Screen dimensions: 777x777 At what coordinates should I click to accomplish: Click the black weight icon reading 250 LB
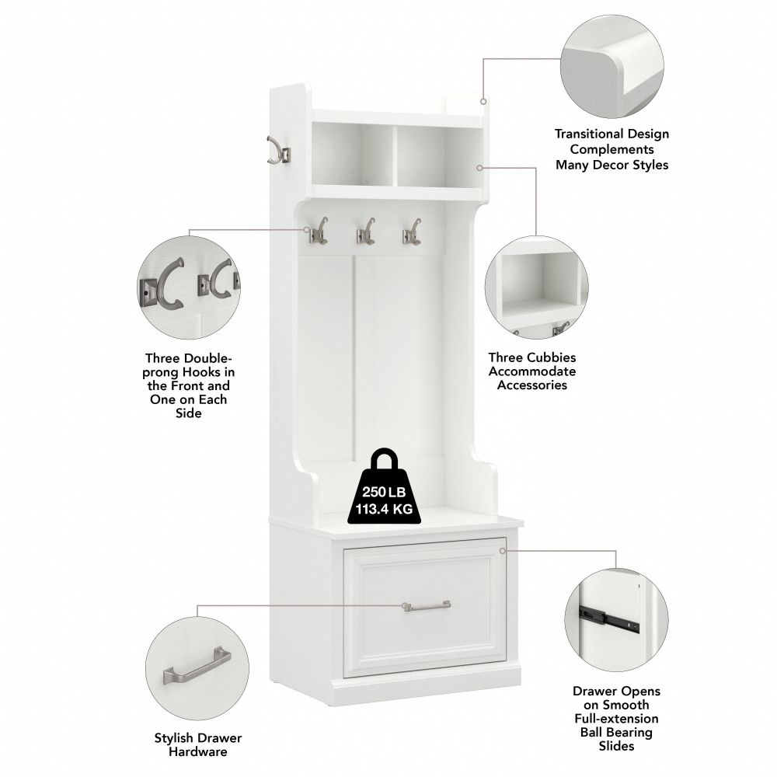384,488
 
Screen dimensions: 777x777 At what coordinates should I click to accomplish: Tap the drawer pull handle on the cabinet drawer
427,605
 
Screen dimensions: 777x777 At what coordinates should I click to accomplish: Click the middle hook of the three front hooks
366,232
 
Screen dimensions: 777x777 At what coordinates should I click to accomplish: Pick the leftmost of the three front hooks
319,231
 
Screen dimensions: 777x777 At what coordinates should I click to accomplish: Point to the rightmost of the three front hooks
412,232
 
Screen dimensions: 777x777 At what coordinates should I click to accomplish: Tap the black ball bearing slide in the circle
609,618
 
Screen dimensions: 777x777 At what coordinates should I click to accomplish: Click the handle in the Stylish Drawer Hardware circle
197,667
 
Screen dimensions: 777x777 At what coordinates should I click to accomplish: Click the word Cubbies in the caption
553,357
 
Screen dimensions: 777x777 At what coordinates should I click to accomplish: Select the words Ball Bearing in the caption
616,733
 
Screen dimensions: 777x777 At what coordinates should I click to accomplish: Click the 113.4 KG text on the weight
384,509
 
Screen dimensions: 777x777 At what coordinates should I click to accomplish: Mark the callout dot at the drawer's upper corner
503,551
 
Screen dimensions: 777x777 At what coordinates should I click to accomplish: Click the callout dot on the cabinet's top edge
483,102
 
